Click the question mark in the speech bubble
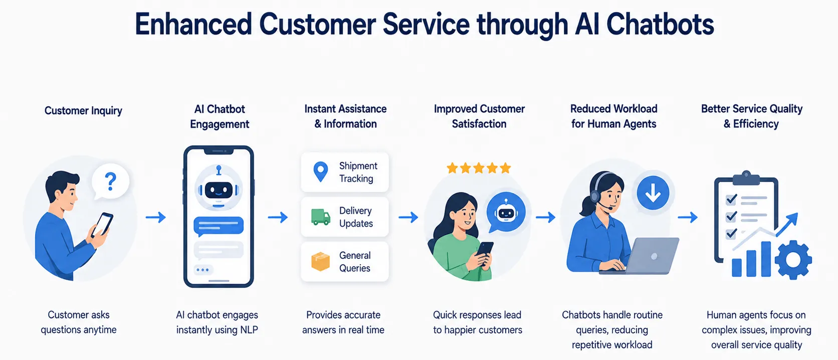pyautogui.click(x=110, y=182)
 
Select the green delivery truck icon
pyautogui.click(x=321, y=217)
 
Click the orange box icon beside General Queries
pyautogui.click(x=321, y=261)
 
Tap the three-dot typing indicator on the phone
pyautogui.click(x=203, y=270)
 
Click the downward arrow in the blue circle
pyautogui.click(x=653, y=193)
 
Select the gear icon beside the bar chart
pyautogui.click(x=793, y=260)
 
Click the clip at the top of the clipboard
pyautogui.click(x=746, y=178)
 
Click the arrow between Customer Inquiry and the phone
pyautogui.click(x=156, y=217)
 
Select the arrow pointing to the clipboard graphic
pyautogui.click(x=688, y=217)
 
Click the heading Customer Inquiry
pyautogui.click(x=83, y=111)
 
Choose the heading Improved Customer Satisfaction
pyautogui.click(x=479, y=116)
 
